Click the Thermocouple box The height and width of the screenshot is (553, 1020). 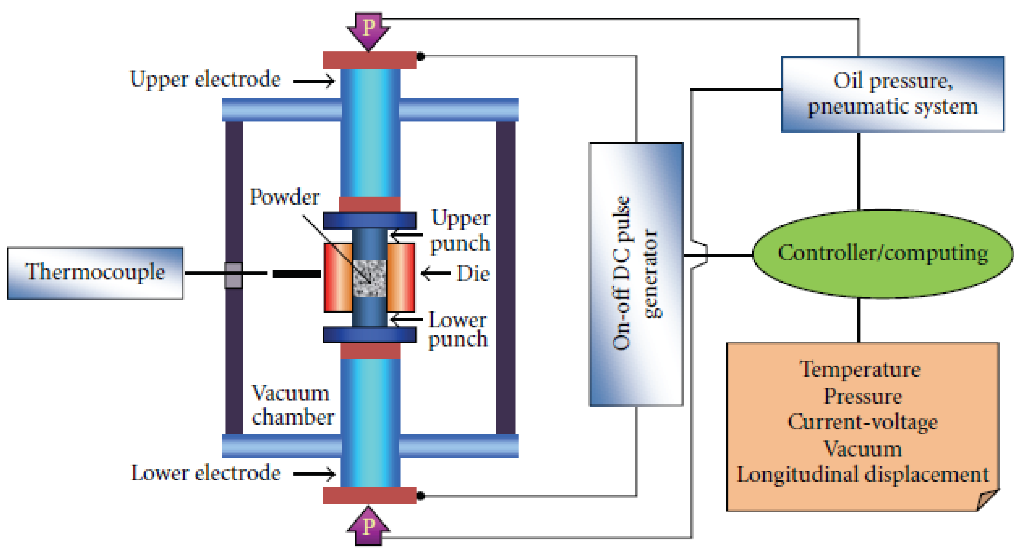coord(95,273)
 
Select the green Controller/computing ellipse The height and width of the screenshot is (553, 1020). coord(882,254)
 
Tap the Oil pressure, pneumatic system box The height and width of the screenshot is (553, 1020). coord(893,94)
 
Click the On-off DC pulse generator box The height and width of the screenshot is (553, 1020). coord(636,274)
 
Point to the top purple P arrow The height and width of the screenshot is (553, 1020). coord(369,30)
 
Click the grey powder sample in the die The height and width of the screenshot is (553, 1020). coord(369,278)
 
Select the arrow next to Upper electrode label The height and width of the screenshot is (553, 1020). coord(314,81)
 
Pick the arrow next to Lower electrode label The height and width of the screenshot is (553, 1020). coord(314,474)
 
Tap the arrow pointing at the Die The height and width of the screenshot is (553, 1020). coord(436,273)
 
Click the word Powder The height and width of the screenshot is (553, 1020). coord(284,197)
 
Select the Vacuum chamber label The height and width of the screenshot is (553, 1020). coord(292,405)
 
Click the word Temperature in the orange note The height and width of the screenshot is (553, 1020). coord(860,370)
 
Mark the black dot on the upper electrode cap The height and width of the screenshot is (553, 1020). coord(420,57)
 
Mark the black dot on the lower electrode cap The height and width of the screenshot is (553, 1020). coord(420,496)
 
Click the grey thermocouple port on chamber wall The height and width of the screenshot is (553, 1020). coord(233,275)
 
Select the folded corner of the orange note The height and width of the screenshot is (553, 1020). coord(986,499)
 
